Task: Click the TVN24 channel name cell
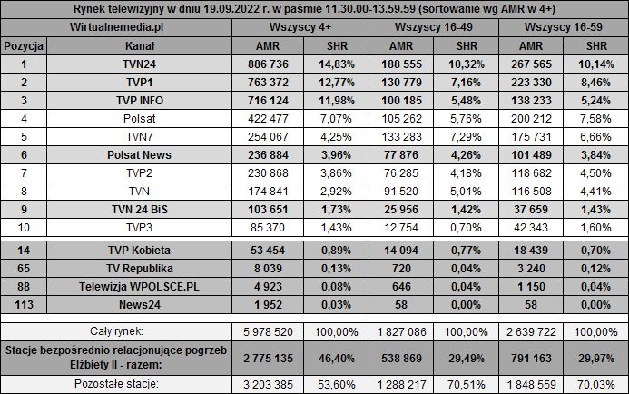[139, 64]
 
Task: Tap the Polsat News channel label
[139, 154]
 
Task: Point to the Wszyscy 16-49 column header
[436, 28]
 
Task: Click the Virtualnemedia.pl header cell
[115, 28]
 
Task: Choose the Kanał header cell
[139, 45]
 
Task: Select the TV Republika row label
[139, 269]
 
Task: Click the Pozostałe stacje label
[115, 385]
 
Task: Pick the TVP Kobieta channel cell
[139, 251]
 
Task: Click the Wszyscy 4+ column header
[300, 28]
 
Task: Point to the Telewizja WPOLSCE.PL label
[139, 287]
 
